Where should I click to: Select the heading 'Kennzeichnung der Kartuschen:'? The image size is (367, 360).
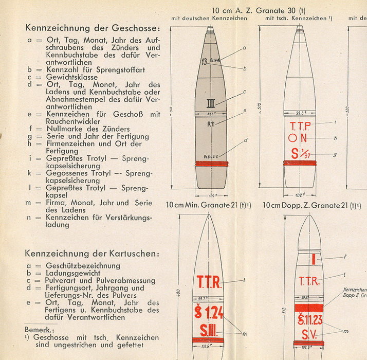(92, 254)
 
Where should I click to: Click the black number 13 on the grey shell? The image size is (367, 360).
(204, 63)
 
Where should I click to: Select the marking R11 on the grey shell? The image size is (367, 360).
(211, 124)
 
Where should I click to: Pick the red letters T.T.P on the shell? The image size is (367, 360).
(300, 125)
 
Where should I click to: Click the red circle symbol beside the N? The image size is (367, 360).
(292, 138)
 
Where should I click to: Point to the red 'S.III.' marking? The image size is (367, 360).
(209, 330)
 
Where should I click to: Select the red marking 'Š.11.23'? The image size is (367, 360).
(310, 320)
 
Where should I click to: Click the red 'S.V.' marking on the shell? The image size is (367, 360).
(310, 335)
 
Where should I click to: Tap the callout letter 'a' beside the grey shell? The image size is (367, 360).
(244, 47)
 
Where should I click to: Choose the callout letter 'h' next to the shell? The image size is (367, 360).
(335, 138)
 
